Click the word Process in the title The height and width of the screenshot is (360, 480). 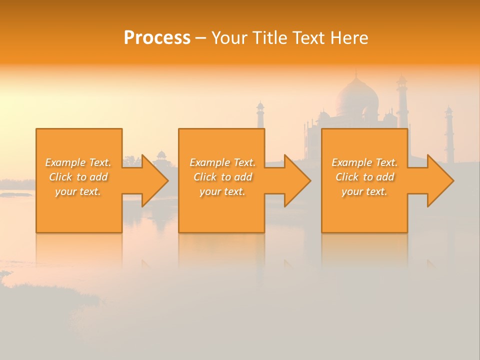[x=157, y=38]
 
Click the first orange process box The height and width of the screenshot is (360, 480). [x=79, y=210]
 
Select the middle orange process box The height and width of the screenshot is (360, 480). [x=221, y=210]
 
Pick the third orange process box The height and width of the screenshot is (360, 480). [x=364, y=210]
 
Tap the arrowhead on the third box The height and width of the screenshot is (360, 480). [x=439, y=180]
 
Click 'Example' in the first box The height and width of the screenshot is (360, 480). [x=65, y=162]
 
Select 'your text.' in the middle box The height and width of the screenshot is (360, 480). [x=222, y=191]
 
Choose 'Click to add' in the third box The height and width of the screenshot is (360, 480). [x=364, y=177]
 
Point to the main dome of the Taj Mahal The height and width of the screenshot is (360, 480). [x=356, y=97]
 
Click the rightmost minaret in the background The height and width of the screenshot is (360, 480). [x=449, y=135]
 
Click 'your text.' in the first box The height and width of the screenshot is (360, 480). [x=78, y=191]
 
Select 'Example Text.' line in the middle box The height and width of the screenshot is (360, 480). [x=222, y=162]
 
